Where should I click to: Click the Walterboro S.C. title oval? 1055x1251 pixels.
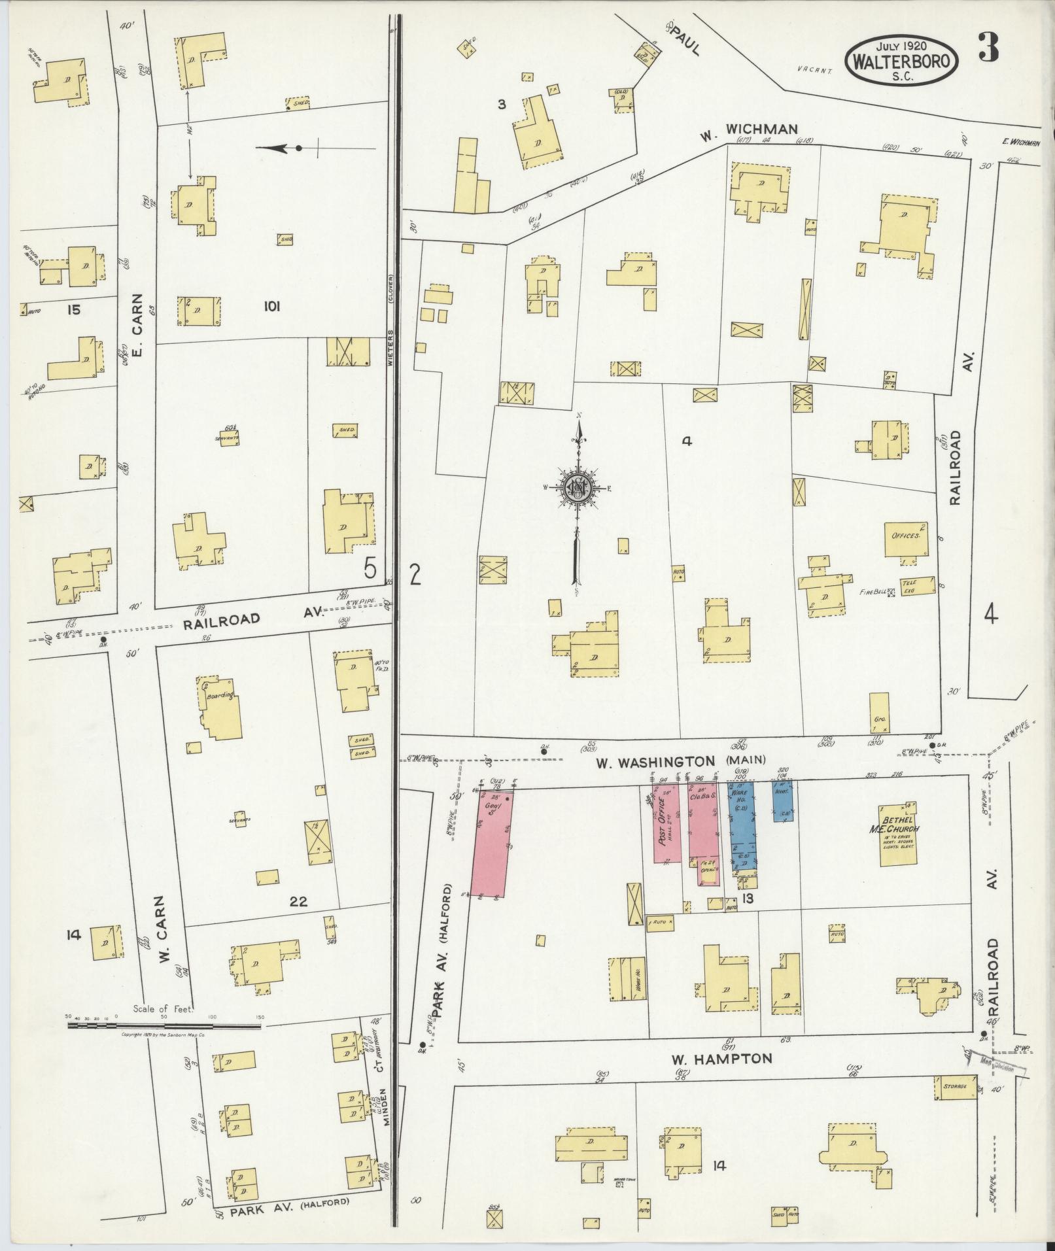[903, 60]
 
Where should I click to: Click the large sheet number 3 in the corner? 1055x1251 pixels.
[989, 47]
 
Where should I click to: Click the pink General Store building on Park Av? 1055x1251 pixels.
[492, 844]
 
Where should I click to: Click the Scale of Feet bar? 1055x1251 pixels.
[164, 1044]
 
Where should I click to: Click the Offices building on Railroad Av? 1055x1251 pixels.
[906, 538]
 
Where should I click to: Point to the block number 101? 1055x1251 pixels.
[271, 306]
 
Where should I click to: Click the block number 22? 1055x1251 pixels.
[298, 902]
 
